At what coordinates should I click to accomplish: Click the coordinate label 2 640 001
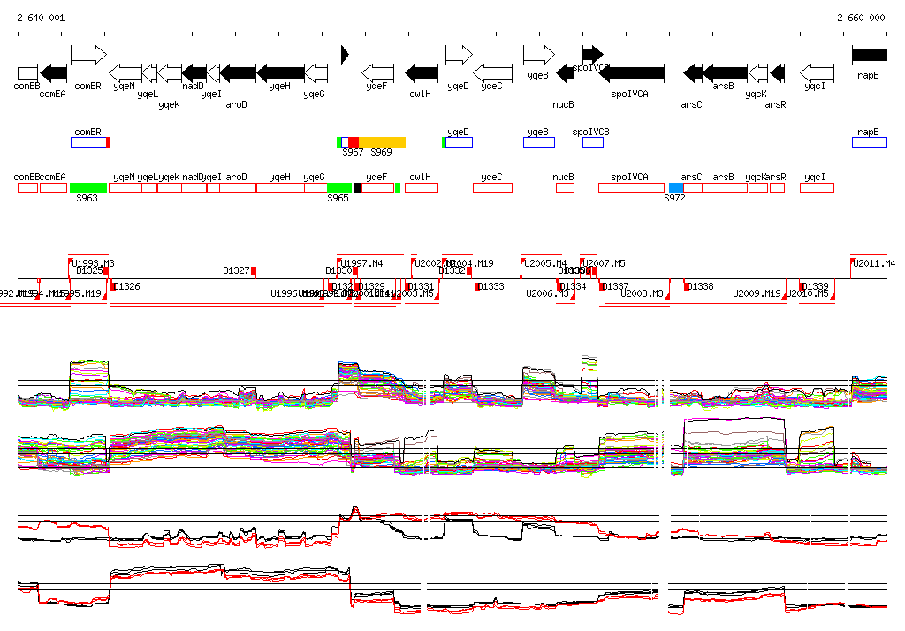click(41, 18)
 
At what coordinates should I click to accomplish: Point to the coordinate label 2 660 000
click(860, 18)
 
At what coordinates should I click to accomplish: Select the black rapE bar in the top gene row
click(869, 55)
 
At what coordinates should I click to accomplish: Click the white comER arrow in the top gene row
click(88, 55)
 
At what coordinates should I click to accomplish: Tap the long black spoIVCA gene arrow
click(631, 72)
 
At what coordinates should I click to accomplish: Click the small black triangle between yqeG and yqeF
click(345, 55)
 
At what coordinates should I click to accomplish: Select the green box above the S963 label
click(88, 187)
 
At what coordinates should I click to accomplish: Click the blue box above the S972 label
click(676, 187)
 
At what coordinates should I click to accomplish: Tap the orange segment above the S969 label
click(382, 142)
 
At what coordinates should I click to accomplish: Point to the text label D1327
click(236, 270)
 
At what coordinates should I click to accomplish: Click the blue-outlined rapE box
click(869, 142)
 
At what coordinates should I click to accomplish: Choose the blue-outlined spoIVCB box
click(592, 142)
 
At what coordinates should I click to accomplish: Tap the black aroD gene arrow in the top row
click(237, 72)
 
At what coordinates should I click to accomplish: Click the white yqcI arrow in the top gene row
click(817, 72)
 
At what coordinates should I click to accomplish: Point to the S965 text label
click(338, 199)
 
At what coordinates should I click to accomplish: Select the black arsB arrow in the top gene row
click(725, 72)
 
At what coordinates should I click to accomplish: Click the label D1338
click(700, 286)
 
